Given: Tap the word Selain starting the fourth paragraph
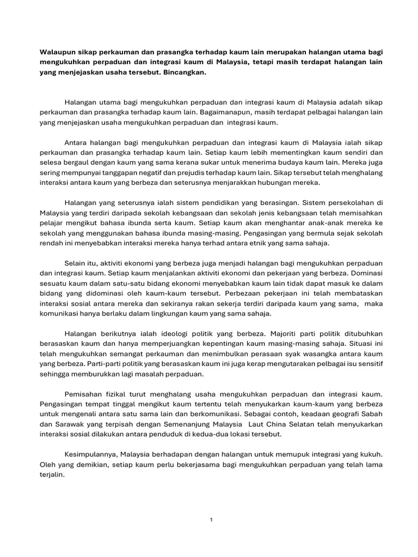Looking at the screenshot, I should coord(76,263).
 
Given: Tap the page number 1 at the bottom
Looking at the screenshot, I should coord(211,520).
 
